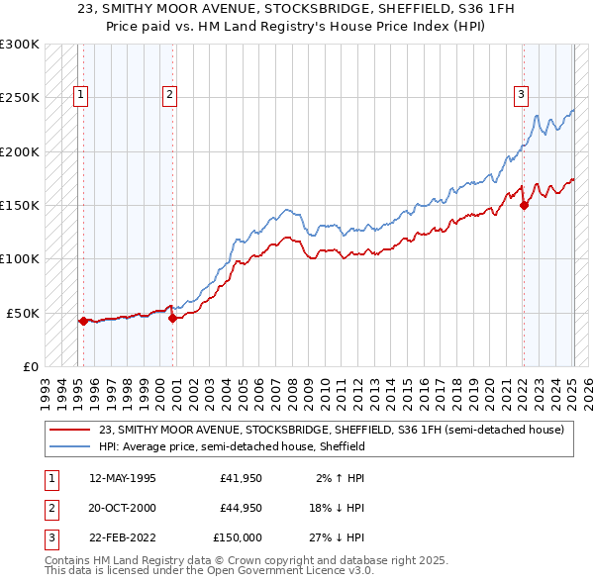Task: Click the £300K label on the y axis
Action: [20, 45]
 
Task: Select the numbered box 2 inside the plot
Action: [170, 95]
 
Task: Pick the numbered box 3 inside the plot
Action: [521, 95]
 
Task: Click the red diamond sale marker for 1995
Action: [83, 321]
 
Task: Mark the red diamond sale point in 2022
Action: [524, 205]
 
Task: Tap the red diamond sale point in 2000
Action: [172, 318]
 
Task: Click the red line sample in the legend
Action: [71, 430]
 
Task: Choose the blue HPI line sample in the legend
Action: [71, 446]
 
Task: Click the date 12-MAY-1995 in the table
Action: [122, 478]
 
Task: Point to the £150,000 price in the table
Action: [238, 537]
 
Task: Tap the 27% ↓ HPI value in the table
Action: [335, 537]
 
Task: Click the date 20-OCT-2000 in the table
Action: [122, 508]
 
